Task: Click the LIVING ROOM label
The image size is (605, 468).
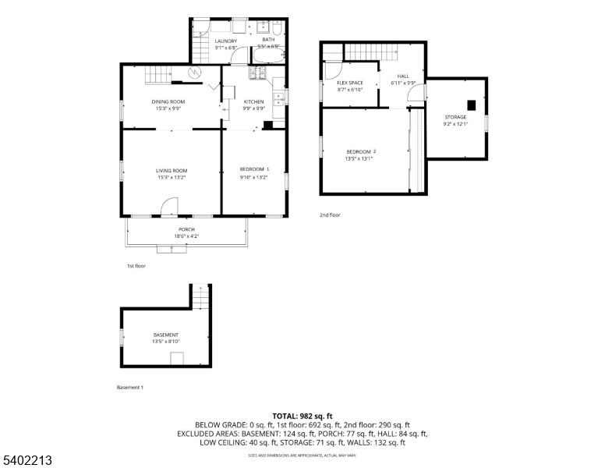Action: pos(171,171)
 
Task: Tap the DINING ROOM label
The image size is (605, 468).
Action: pos(168,101)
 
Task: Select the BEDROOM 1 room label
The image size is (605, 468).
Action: pos(253,169)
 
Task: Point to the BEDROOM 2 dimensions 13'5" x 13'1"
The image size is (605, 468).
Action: pos(359,158)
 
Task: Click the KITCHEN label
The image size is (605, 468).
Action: pos(253,101)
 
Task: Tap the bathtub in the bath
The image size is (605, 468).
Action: pos(267,57)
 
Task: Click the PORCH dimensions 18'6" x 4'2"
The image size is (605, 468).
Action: pos(186,236)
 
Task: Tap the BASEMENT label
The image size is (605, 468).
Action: pos(165,335)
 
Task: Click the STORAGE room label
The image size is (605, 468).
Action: pos(455,117)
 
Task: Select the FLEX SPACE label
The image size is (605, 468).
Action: pos(349,83)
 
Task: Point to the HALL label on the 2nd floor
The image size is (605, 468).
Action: pos(403,76)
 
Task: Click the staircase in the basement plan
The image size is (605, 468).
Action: pos(202,297)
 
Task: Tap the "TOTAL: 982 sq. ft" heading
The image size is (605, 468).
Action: pos(302,416)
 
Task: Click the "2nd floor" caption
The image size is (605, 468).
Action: pos(330,214)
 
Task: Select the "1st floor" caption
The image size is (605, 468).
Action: pos(136,266)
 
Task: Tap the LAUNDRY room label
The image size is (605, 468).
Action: pos(226,41)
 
